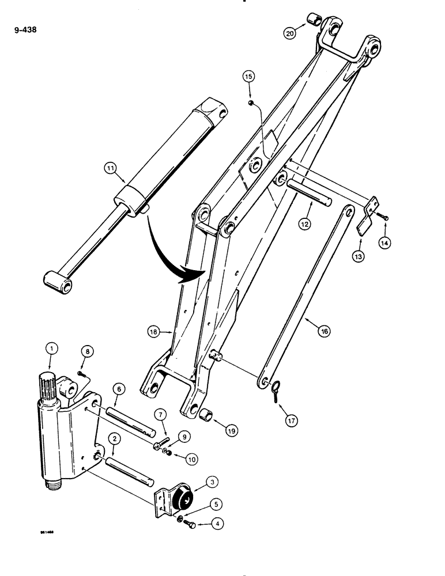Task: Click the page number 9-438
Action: point(24,27)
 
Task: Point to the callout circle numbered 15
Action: point(248,76)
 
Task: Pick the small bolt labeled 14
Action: point(383,217)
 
